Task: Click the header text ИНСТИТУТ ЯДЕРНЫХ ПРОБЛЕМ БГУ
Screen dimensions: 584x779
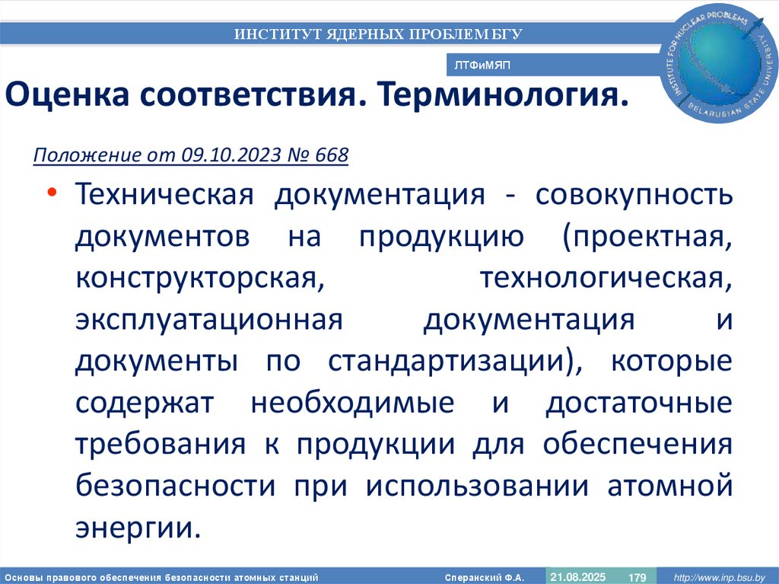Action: (378, 34)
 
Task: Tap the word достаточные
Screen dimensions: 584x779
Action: (639, 404)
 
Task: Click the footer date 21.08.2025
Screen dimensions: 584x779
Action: (578, 576)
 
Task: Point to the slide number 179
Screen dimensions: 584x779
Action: (636, 578)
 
